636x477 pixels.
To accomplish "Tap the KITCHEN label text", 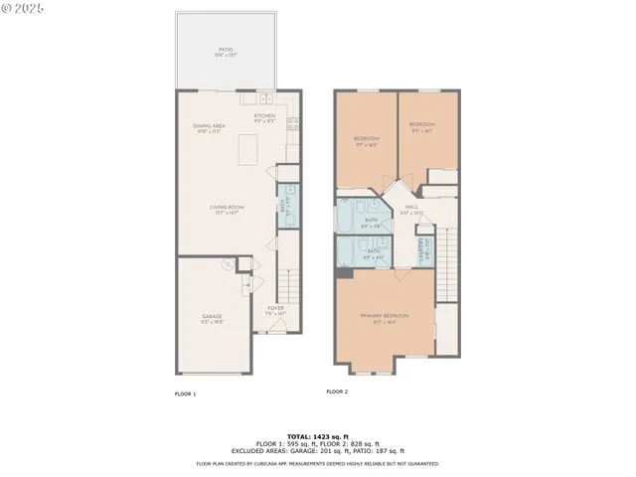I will (x=264, y=116).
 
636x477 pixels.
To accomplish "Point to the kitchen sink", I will (x=266, y=99).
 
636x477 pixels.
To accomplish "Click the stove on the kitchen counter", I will (x=293, y=123).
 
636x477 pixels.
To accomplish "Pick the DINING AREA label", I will (x=211, y=126).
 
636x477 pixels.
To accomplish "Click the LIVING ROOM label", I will (x=227, y=208).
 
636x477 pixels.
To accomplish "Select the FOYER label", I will (x=276, y=310).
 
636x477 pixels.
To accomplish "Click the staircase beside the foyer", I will (x=286, y=283).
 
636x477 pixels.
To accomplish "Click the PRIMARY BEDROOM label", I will (x=384, y=317).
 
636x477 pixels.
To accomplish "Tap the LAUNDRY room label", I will (x=423, y=251).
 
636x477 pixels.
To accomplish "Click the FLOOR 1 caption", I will (x=185, y=395).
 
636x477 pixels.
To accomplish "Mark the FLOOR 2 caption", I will (x=338, y=392).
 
